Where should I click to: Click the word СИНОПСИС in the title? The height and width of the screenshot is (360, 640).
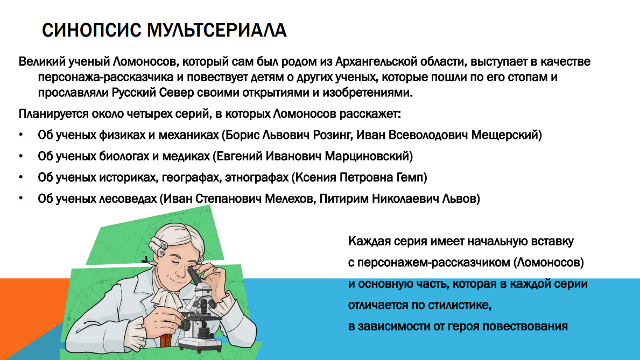point(92,30)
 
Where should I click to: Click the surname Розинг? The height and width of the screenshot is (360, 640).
point(331,135)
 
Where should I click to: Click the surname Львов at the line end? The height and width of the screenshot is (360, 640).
point(460,199)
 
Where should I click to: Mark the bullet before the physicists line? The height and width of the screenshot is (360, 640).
point(21,135)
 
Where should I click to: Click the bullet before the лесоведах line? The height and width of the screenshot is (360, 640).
point(21,199)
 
